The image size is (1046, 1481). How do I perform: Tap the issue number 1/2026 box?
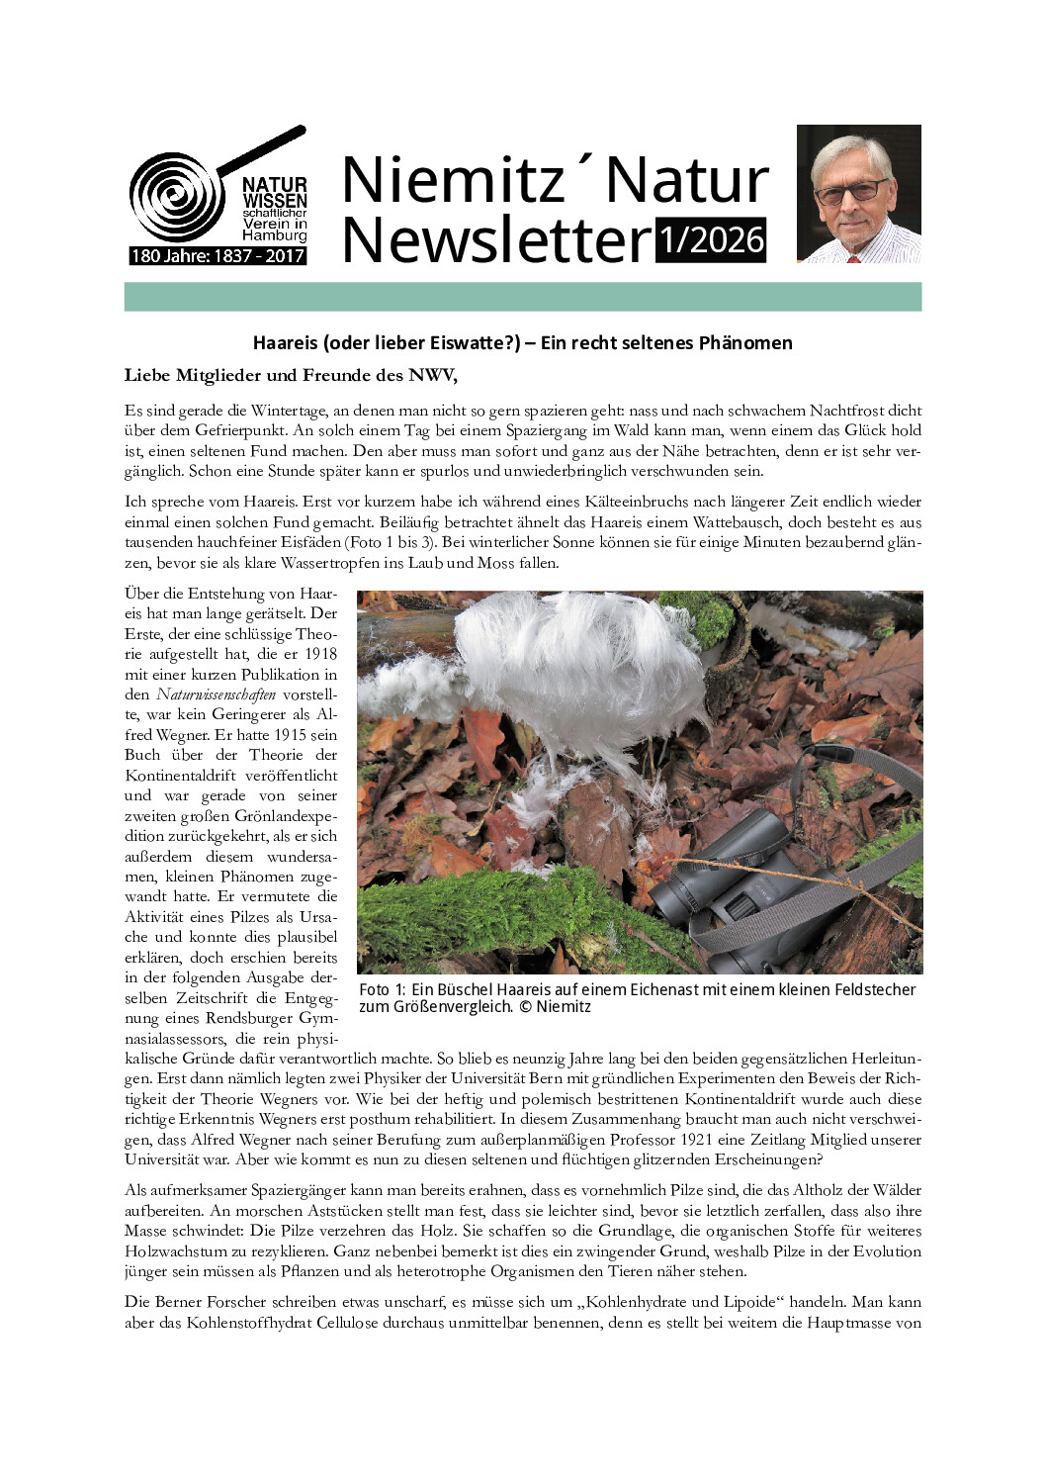[x=711, y=240]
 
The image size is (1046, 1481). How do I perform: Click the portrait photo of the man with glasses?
[x=858, y=194]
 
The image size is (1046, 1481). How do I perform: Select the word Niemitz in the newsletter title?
[x=453, y=180]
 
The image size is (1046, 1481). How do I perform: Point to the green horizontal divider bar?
[x=522, y=297]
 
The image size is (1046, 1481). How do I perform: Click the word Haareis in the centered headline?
[x=286, y=343]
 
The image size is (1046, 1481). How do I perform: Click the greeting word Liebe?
[x=147, y=375]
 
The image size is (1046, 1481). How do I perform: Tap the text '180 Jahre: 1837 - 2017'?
[x=218, y=256]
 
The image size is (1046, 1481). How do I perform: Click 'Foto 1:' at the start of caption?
[x=382, y=990]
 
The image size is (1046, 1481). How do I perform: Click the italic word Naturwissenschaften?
[x=216, y=694]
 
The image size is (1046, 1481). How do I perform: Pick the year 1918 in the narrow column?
[x=320, y=654]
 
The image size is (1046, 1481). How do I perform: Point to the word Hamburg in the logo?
[x=275, y=235]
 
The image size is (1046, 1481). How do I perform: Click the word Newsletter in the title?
[x=496, y=240]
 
